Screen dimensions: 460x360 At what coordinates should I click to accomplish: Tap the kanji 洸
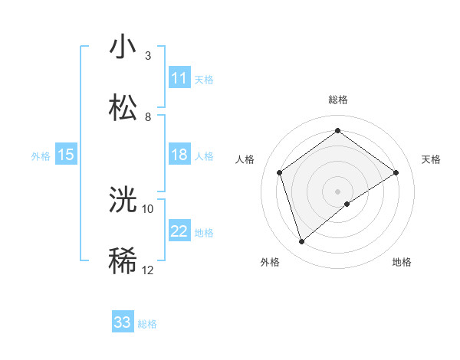tap(123, 200)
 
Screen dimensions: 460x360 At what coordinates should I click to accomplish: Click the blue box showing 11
tap(179, 78)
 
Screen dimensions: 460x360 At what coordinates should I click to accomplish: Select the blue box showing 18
tap(179, 155)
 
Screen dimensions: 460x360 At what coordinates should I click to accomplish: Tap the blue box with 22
tap(179, 231)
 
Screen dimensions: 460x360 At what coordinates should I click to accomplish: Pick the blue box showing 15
tap(66, 155)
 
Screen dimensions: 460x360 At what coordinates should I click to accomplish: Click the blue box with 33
tap(123, 322)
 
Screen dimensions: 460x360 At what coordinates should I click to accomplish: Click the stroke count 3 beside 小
tap(147, 56)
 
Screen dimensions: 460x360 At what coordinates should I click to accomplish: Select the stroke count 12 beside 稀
tap(148, 270)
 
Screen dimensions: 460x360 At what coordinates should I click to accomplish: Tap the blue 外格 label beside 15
tap(41, 155)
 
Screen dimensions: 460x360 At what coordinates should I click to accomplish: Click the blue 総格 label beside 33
tap(147, 323)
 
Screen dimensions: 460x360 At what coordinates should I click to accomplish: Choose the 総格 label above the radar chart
tap(337, 100)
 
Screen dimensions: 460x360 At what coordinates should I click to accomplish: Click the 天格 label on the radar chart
tap(431, 159)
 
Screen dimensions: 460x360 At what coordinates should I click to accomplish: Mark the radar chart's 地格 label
tap(402, 262)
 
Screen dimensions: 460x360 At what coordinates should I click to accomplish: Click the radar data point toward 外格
tap(302, 242)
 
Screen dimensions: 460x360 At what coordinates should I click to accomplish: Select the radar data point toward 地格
tap(347, 204)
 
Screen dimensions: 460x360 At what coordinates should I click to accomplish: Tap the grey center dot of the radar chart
tap(337, 190)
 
